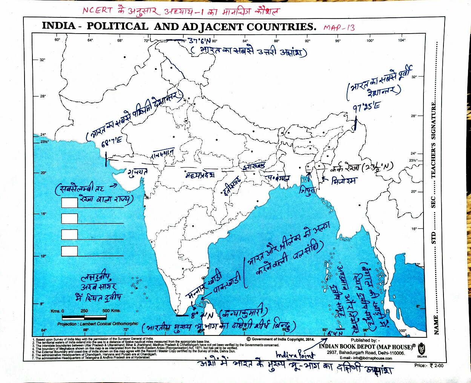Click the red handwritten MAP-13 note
(x=339, y=28)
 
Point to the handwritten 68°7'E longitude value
(x=112, y=142)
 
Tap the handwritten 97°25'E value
(x=366, y=108)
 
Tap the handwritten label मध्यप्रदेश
(x=199, y=175)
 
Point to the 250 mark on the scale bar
(x=84, y=311)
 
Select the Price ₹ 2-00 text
(x=429, y=365)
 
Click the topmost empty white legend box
(x=69, y=202)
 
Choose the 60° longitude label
(x=57, y=40)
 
